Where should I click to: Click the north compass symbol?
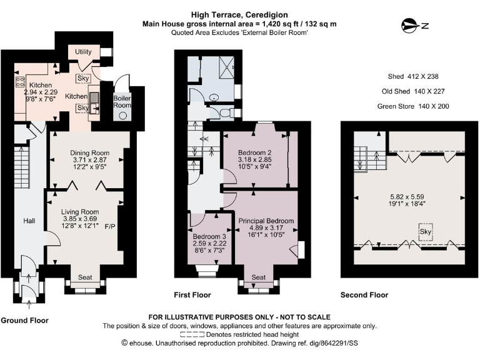click(x=414, y=26)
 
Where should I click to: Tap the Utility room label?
click(x=83, y=52)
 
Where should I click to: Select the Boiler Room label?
click(x=122, y=102)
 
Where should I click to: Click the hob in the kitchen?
click(x=20, y=82)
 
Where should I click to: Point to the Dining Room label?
click(x=90, y=152)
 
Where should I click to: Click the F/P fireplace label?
click(x=110, y=226)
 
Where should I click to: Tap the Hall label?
click(x=29, y=221)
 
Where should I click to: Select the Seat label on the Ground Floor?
click(x=85, y=277)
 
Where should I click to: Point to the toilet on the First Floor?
click(x=226, y=112)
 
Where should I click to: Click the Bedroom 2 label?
click(x=255, y=152)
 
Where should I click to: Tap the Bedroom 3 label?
click(x=209, y=237)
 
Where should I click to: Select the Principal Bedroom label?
click(x=266, y=221)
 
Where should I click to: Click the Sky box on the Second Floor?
click(x=426, y=232)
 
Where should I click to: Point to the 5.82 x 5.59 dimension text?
click(x=407, y=197)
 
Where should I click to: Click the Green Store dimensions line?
click(x=413, y=106)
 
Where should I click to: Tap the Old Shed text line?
click(x=413, y=91)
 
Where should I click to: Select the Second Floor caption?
click(x=364, y=295)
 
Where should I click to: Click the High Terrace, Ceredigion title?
click(x=239, y=15)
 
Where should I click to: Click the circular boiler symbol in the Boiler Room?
click(x=123, y=116)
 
